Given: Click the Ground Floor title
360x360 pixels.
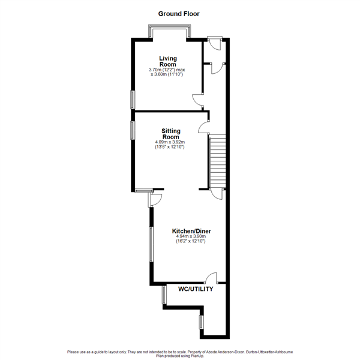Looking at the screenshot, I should pyautogui.click(x=179, y=13).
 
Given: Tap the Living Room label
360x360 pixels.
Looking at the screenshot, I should pyautogui.click(x=168, y=61).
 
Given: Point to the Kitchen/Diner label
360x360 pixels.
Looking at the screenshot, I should pyautogui.click(x=191, y=231).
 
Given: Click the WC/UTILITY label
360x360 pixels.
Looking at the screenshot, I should pyautogui.click(x=196, y=289).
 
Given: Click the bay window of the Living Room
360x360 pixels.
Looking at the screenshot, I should pyautogui.click(x=170, y=31).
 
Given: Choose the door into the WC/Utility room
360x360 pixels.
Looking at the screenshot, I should pyautogui.click(x=211, y=277).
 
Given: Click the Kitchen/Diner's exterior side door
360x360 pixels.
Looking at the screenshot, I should pyautogui.click(x=155, y=199).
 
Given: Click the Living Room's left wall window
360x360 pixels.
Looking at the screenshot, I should pyautogui.click(x=133, y=99).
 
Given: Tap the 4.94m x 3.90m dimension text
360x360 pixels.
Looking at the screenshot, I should pyautogui.click(x=191, y=237).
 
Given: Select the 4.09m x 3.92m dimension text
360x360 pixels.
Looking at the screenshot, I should pyautogui.click(x=170, y=142).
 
